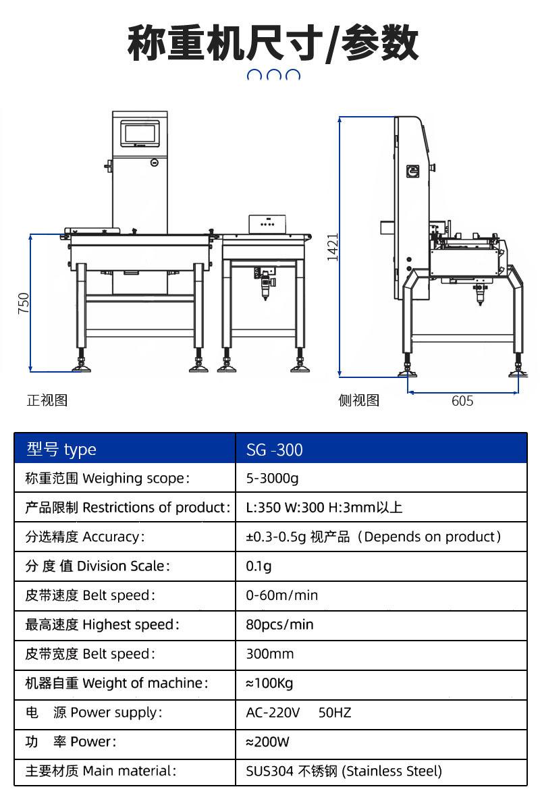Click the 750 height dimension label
coord(24,303)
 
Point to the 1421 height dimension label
coord(332,247)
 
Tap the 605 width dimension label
coord(462,401)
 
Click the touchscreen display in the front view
coord(140,134)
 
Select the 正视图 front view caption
coord(47,400)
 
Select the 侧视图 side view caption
coord(359,400)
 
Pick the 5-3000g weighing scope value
coord(272,479)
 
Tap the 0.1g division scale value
coord(259,566)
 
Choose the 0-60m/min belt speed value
coord(281,595)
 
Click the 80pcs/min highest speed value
coord(279,625)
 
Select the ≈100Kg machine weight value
coord(269,683)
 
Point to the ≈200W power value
coord(268,742)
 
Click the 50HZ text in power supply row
coord(335,713)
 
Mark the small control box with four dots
coord(267,224)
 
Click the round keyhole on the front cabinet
coord(155,163)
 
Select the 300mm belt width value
coord(270,654)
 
